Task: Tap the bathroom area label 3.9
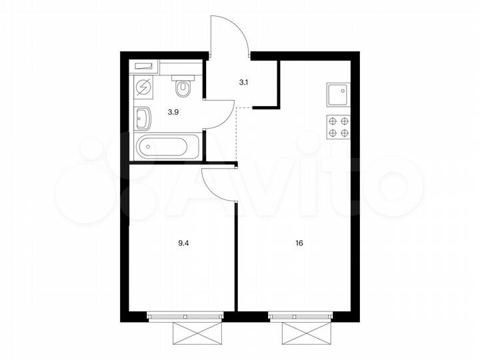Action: pos(173,111)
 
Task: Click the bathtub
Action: pos(167,145)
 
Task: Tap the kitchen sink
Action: pos(338,94)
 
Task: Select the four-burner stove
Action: pos(338,127)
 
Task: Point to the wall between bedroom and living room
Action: pos(236,253)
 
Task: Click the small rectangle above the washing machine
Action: pos(145,66)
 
